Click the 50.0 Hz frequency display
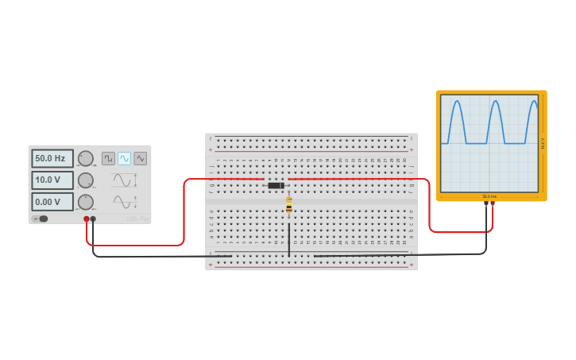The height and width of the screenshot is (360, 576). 52,159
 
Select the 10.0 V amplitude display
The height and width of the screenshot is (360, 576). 52,180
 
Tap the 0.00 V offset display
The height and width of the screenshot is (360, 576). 52,202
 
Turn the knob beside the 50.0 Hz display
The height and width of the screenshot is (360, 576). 85,159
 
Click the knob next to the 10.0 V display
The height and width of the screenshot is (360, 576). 85,180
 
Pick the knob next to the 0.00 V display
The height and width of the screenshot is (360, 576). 85,202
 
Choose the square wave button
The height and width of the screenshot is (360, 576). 108,158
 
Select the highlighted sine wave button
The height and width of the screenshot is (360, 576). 124,158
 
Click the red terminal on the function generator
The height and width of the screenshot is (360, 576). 87,219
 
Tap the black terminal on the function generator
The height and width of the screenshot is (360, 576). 93,219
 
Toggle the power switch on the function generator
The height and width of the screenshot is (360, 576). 41,219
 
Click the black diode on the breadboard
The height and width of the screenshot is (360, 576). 276,185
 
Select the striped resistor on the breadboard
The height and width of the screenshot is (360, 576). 288,205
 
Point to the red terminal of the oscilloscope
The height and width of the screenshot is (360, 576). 493,203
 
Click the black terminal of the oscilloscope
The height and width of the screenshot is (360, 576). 486,203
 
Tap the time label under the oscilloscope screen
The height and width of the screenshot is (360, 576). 489,196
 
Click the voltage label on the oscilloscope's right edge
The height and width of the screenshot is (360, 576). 543,143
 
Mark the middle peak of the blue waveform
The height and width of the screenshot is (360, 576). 494,102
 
